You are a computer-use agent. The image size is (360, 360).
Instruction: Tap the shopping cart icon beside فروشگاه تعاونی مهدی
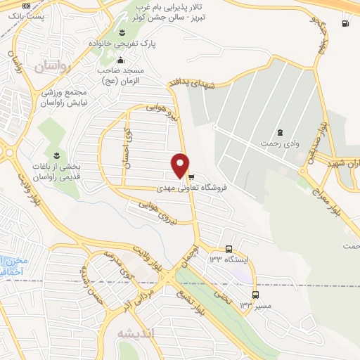click(191, 177)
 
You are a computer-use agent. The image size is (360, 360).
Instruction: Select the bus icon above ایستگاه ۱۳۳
click(229, 249)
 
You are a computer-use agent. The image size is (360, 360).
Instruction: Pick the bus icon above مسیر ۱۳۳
click(255, 295)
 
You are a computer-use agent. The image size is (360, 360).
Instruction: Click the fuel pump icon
click(344, 23)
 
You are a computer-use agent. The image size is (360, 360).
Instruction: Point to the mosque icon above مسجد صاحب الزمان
click(121, 60)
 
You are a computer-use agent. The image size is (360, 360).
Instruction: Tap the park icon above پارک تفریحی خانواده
click(121, 32)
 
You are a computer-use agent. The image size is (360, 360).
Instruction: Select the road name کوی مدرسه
click(116, 262)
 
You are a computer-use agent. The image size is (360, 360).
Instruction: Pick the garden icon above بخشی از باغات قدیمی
click(56, 154)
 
